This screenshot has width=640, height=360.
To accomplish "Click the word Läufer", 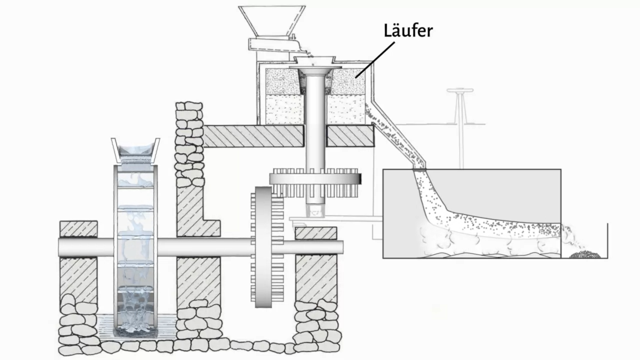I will (408, 31).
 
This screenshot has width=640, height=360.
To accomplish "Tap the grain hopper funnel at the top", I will (272, 20).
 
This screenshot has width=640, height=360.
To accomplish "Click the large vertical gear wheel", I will (263, 247).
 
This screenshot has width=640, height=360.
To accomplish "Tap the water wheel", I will (135, 247).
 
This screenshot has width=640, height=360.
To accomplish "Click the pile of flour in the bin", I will (585, 255).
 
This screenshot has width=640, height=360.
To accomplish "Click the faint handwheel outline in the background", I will (460, 91).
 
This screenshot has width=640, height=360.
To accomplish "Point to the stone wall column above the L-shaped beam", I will (189, 143).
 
